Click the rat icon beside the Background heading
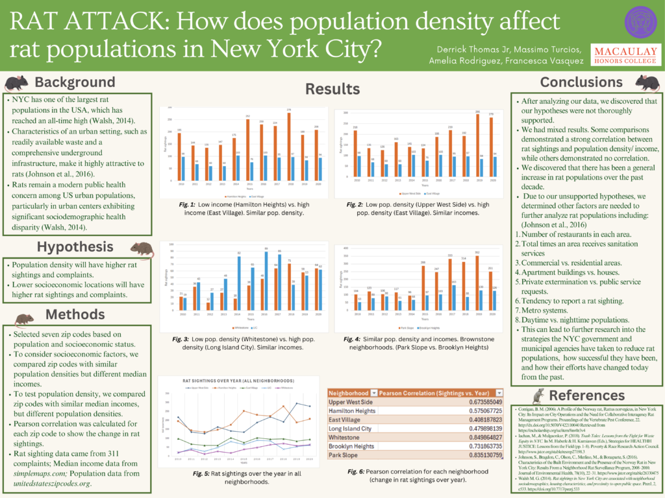pyautogui.click(x=16, y=83)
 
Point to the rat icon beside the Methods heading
pyautogui.click(x=24, y=318)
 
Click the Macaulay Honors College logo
pyautogui.click(x=621, y=56)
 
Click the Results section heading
pyautogui.click(x=332, y=89)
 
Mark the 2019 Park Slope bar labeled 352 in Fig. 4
pyautogui.click(x=478, y=277)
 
